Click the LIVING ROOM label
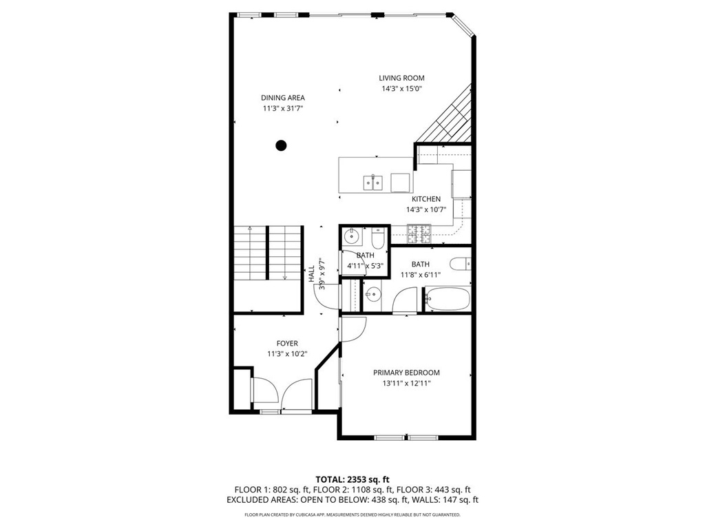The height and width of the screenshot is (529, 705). tap(401, 79)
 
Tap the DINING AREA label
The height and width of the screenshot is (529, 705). tap(283, 98)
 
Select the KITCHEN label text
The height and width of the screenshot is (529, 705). tap(426, 199)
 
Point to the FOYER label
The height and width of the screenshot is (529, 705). tap(287, 344)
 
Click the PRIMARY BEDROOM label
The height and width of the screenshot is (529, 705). tap(406, 373)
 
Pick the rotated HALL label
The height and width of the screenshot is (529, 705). tap(312, 274)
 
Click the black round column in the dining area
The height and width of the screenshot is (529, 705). tap(281, 145)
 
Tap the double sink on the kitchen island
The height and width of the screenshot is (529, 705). tap(373, 183)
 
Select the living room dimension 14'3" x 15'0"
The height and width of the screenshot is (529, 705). tap(402, 89)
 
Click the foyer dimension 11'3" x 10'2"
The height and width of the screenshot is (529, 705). tap(287, 354)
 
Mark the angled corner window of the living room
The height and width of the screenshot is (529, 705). tap(462, 25)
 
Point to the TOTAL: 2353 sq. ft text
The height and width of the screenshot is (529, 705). tap(352, 479)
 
